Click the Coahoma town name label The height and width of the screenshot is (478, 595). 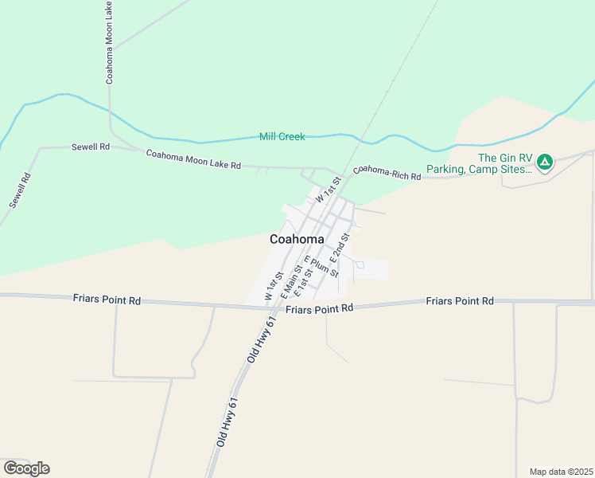(x=297, y=239)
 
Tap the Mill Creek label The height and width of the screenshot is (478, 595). (x=282, y=137)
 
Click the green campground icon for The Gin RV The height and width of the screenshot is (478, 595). (x=545, y=163)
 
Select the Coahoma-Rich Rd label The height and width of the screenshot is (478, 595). (x=387, y=173)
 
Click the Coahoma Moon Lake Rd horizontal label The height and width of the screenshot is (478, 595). (x=193, y=159)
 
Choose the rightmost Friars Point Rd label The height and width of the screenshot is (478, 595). (x=460, y=300)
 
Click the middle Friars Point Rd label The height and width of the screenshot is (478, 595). (x=319, y=308)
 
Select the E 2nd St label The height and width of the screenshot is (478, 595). (x=339, y=249)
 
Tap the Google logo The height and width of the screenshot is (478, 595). (x=26, y=468)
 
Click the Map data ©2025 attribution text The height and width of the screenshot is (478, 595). (x=562, y=472)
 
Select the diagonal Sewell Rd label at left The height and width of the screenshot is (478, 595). (x=20, y=190)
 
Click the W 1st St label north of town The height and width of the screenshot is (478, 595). (x=328, y=190)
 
